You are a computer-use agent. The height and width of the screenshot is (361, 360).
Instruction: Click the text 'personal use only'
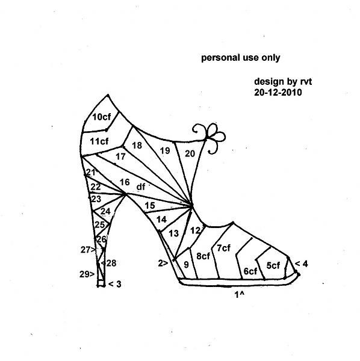[x=240, y=58]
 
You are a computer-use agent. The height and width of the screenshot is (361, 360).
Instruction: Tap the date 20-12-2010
[x=278, y=92]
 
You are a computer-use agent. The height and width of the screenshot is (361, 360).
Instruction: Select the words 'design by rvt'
[x=283, y=81]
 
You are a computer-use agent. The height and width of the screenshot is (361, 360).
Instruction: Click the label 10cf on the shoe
[x=101, y=117]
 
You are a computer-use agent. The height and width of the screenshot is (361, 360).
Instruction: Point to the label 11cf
[x=99, y=141]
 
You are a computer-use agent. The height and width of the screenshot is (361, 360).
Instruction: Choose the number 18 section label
[x=137, y=145]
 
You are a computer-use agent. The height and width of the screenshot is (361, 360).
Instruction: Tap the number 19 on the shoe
[x=165, y=150]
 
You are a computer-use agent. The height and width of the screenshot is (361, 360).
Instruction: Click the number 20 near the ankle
[x=190, y=153]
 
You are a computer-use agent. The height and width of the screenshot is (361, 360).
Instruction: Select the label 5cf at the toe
[x=273, y=265]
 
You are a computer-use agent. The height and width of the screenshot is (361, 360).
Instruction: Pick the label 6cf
[x=250, y=271]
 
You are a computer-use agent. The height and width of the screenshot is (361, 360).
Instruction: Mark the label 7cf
[x=223, y=248]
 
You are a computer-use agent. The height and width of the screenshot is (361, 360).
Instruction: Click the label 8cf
[x=203, y=256]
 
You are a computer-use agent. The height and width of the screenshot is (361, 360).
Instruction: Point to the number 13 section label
[x=173, y=233]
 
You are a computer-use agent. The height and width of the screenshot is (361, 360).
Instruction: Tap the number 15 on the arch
[x=150, y=205]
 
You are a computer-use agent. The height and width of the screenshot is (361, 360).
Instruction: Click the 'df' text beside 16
[x=141, y=187]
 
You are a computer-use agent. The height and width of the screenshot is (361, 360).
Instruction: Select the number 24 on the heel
[x=105, y=211]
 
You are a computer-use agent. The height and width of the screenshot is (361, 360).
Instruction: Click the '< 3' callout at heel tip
[x=114, y=284]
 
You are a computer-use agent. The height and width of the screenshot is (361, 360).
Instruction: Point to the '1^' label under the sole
[x=239, y=294]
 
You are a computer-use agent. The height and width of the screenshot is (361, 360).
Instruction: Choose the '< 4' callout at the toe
[x=301, y=264]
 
